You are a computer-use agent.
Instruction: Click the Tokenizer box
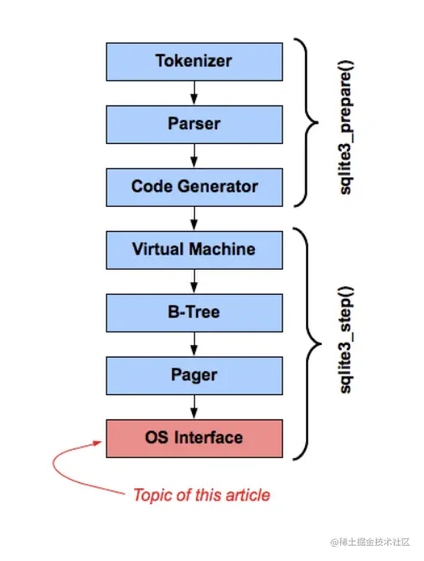[194, 61]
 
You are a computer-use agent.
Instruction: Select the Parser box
[194, 125]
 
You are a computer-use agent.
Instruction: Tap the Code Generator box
[194, 187]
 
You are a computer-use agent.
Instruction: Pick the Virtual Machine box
[194, 250]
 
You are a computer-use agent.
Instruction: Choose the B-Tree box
[194, 312]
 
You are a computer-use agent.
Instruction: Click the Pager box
[194, 376]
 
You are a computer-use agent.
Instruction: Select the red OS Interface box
[194, 438]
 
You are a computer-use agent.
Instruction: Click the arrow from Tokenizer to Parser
[194, 93]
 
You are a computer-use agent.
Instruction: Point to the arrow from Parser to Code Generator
[194, 156]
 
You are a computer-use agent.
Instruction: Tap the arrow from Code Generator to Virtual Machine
[194, 219]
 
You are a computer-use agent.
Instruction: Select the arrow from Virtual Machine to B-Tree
[194, 281]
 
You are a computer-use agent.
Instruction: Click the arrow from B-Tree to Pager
[194, 344]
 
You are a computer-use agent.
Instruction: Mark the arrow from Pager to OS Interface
[194, 407]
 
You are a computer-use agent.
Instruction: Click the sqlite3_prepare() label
[346, 127]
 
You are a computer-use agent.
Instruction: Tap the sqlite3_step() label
[346, 340]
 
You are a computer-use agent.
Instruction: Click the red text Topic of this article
[202, 496]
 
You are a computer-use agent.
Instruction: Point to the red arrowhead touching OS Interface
[97, 443]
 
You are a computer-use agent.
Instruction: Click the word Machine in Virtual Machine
[222, 249]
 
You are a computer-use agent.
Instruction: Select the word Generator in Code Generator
[217, 187]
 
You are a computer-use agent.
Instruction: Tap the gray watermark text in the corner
[370, 542]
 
